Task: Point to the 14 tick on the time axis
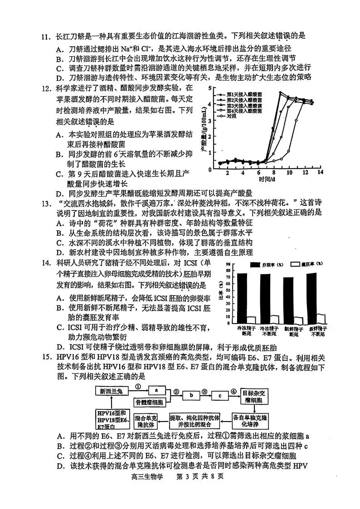pyautogui.click(x=320, y=173)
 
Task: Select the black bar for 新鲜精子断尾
pyautogui.click(x=288, y=299)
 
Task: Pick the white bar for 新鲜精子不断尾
pyautogui.click(x=321, y=318)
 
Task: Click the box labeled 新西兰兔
pyautogui.click(x=112, y=390)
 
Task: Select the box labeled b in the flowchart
pyautogui.click(x=191, y=395)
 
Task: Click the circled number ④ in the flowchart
pyautogui.click(x=234, y=391)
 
